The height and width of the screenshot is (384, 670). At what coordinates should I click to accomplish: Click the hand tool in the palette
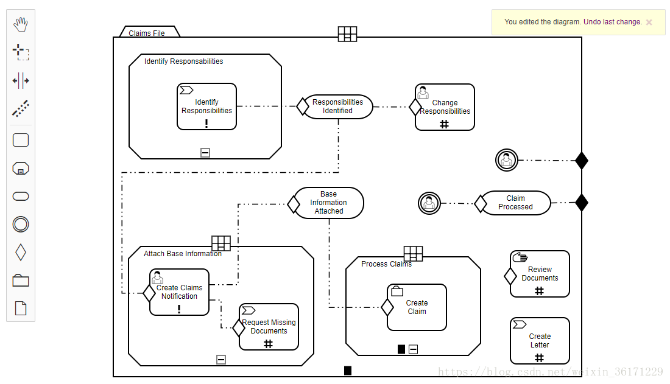tap(21, 24)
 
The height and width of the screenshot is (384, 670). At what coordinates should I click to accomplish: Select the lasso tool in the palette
tap(21, 52)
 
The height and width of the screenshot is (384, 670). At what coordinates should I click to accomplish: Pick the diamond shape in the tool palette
tap(21, 252)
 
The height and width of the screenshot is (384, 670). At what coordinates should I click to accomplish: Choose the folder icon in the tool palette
tap(21, 280)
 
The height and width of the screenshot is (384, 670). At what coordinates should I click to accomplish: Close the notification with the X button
tap(649, 23)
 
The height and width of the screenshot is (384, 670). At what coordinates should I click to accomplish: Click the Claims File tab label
tap(147, 33)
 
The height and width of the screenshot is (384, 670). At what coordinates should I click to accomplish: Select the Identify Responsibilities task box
tap(206, 107)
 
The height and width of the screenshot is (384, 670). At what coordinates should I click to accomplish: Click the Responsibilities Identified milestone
tap(337, 106)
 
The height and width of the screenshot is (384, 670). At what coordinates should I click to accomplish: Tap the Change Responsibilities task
tap(445, 107)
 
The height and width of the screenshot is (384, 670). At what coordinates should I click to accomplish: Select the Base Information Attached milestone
tap(329, 203)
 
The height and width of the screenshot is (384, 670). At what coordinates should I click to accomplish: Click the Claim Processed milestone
tap(515, 203)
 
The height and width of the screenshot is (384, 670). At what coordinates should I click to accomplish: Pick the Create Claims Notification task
tap(179, 292)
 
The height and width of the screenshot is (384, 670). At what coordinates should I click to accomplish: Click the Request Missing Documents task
tap(269, 327)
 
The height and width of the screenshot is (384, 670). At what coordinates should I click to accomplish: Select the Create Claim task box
tap(417, 307)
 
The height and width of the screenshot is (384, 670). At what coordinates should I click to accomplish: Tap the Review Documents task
tap(540, 274)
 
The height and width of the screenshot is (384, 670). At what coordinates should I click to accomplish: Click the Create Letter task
tap(540, 341)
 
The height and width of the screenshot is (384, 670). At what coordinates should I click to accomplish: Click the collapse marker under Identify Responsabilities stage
tap(205, 153)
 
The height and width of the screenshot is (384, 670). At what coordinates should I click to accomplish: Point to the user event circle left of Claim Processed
tap(429, 203)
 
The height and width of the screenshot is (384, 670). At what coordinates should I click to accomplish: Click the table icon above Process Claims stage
tap(413, 254)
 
